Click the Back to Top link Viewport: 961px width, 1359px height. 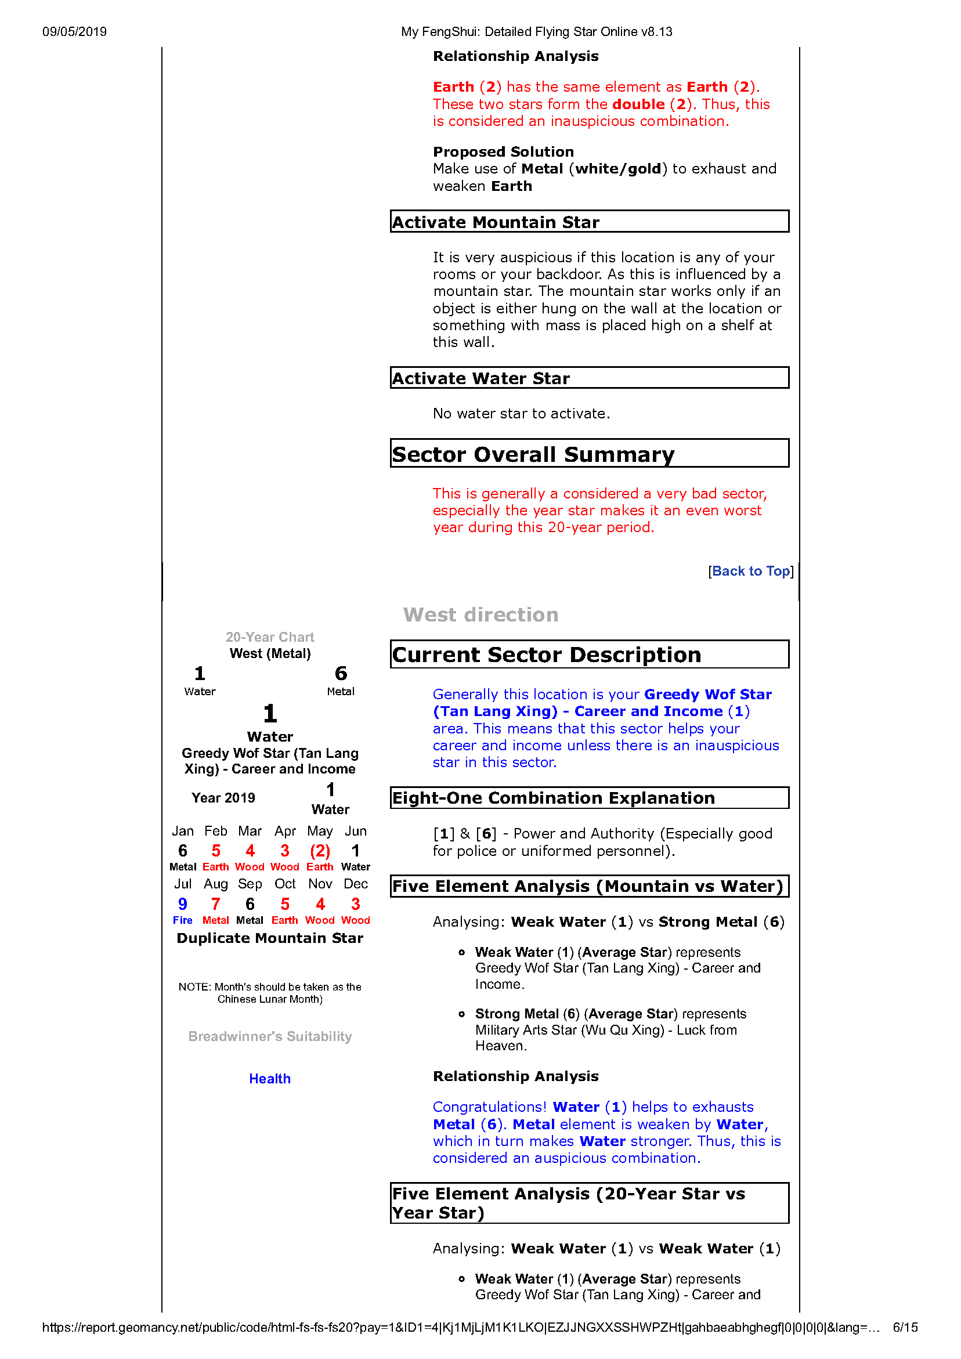[751, 571]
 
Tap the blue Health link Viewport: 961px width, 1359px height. [269, 1079]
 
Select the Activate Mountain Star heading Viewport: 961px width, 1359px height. [496, 222]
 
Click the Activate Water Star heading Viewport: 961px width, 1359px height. [481, 378]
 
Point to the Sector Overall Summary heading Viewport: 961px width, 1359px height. [533, 454]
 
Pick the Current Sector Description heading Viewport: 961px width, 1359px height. [546, 655]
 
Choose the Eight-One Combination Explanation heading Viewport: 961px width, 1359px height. [554, 798]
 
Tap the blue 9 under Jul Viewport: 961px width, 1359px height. [182, 904]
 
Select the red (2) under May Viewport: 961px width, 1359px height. [320, 851]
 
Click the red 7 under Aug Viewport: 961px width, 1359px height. [215, 904]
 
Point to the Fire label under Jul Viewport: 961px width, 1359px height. [182, 920]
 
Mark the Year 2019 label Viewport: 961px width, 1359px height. [223, 798]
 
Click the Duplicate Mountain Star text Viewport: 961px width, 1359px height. [270, 938]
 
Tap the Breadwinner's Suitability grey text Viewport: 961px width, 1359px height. [270, 1036]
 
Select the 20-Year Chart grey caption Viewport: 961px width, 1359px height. [270, 637]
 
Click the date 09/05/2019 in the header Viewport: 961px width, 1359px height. [75, 32]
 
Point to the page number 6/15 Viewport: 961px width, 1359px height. [905, 1328]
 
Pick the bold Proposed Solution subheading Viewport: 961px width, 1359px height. [503, 151]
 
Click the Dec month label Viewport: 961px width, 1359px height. [356, 884]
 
